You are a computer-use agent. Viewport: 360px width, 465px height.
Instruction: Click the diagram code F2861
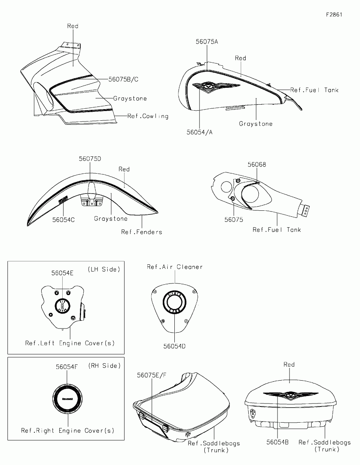(x=334, y=15)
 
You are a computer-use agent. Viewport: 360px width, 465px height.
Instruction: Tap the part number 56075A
(x=207, y=42)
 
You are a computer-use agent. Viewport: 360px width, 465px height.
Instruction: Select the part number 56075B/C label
(x=123, y=79)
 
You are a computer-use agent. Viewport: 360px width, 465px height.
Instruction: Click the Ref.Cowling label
(x=148, y=116)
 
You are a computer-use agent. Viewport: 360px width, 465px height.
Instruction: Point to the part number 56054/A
(x=199, y=132)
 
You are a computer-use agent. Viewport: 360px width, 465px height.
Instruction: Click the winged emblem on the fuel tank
(x=216, y=87)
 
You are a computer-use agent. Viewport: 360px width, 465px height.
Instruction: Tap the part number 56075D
(x=90, y=159)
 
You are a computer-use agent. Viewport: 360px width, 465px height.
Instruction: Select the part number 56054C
(x=63, y=220)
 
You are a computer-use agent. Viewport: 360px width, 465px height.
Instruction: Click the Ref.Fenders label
(x=142, y=232)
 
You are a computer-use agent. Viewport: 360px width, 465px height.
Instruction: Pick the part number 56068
(x=257, y=164)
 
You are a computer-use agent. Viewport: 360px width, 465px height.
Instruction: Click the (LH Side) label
(x=104, y=269)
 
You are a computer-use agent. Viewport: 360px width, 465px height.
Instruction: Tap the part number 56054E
(x=62, y=273)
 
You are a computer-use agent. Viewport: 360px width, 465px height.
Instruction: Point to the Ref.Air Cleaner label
(x=175, y=267)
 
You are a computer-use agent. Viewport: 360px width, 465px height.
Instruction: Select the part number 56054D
(x=174, y=346)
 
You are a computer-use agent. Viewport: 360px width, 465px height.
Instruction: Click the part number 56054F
(x=67, y=367)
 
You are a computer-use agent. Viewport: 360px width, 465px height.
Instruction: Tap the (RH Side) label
(x=104, y=366)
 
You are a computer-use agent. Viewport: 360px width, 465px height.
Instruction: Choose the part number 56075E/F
(x=151, y=375)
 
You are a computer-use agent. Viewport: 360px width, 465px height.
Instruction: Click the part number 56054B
(x=277, y=442)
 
